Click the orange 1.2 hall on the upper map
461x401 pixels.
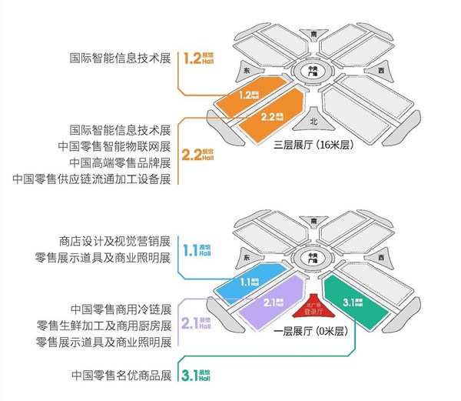[x=247, y=95]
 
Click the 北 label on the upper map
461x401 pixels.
[x=313, y=121]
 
